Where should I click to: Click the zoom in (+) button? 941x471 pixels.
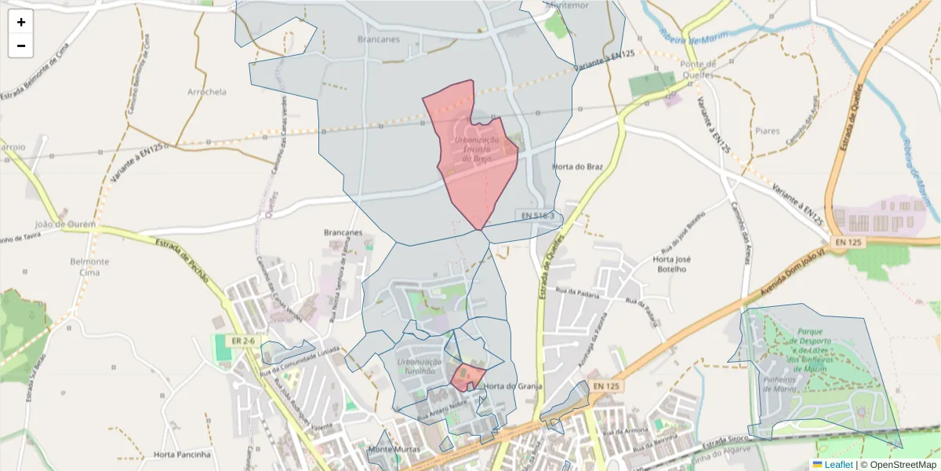click(x=21, y=22)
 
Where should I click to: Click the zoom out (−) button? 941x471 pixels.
click(x=21, y=46)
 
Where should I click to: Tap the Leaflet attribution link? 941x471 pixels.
click(x=839, y=465)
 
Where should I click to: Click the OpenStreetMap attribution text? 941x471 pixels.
click(x=902, y=465)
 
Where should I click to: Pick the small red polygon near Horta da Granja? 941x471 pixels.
click(x=468, y=378)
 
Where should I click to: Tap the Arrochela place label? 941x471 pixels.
click(x=207, y=92)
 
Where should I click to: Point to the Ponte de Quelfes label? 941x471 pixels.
click(x=699, y=69)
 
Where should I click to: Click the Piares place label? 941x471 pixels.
click(x=767, y=131)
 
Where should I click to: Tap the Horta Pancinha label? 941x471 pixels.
click(x=183, y=454)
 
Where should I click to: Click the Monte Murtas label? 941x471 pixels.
click(x=393, y=450)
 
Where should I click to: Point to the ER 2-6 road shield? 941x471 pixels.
click(x=244, y=341)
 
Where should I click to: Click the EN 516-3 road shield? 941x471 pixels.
click(x=539, y=216)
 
